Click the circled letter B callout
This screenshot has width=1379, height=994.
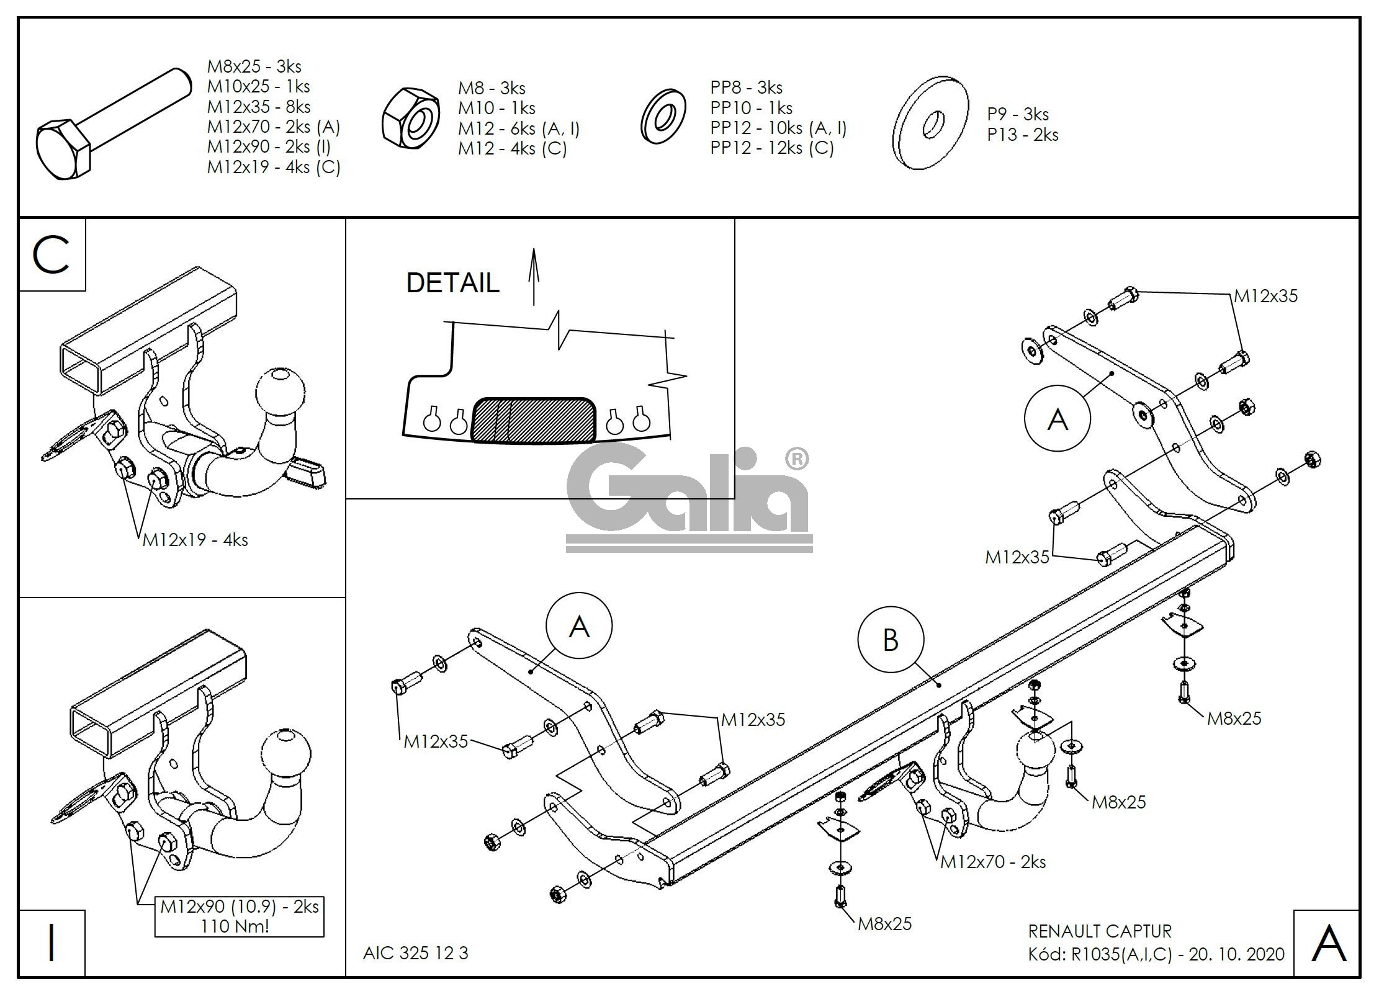tap(890, 640)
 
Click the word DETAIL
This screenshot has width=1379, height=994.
tap(452, 283)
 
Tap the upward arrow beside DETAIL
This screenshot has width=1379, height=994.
tap(534, 277)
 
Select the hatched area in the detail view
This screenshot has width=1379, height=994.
tap(534, 420)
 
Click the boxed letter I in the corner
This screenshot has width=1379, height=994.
tap(52, 943)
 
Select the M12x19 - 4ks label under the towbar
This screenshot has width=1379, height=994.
tap(195, 540)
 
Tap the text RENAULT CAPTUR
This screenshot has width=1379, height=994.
tap(1100, 931)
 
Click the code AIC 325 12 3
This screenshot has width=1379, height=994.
tap(415, 952)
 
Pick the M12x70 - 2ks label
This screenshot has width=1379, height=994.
tap(993, 862)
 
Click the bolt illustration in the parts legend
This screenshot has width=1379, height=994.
tap(112, 124)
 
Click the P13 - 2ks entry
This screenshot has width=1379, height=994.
tap(1022, 135)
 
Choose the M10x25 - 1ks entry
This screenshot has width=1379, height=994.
tap(258, 86)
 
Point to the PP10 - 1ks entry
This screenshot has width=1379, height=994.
tap(751, 107)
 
